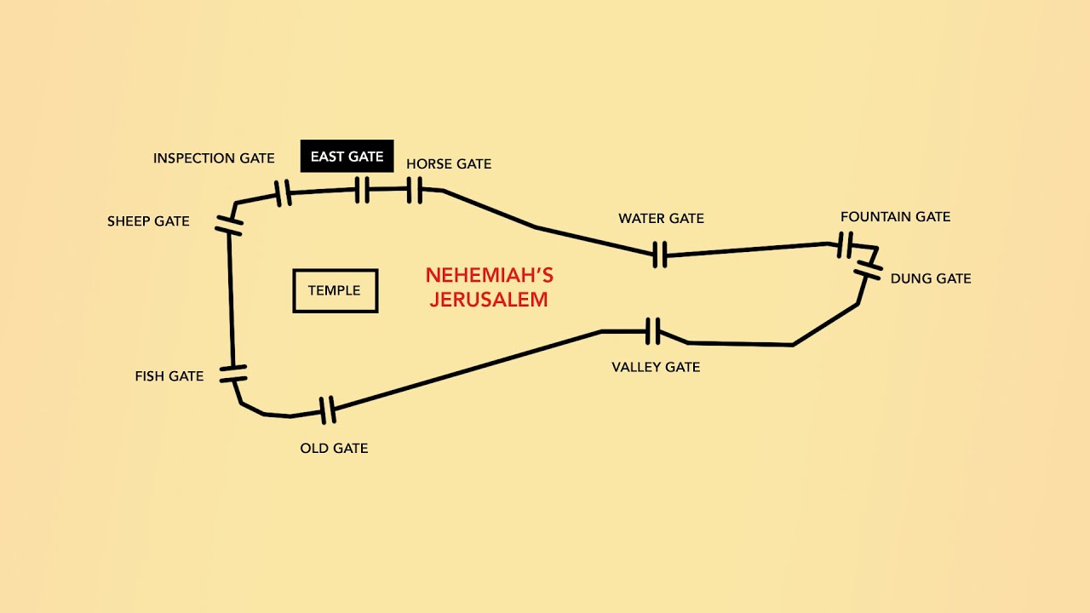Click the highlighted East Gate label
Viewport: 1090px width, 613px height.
[x=347, y=156]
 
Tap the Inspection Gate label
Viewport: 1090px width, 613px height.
[x=214, y=158]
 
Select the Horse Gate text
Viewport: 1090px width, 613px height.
[x=449, y=164]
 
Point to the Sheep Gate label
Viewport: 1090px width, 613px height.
[x=148, y=221]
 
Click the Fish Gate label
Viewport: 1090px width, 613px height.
[x=169, y=376]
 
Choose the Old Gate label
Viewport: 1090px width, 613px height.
[x=334, y=448]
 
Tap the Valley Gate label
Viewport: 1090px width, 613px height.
[x=656, y=367]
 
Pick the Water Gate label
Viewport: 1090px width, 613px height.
[x=662, y=219]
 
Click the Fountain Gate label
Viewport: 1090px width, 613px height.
[x=895, y=216]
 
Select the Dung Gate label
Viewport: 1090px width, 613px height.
[x=931, y=278]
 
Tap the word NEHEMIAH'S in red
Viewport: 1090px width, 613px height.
[x=490, y=275]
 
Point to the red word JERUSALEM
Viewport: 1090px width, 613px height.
[x=489, y=299]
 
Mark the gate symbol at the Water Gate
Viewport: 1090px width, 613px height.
[x=659, y=255]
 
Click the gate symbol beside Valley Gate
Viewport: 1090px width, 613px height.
[x=653, y=331]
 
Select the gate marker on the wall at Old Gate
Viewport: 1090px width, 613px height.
[x=328, y=410]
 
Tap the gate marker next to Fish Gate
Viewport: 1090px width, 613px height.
[x=233, y=374]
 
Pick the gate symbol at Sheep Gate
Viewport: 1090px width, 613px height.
[x=229, y=226]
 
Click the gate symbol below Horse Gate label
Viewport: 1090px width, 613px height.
[x=415, y=190]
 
